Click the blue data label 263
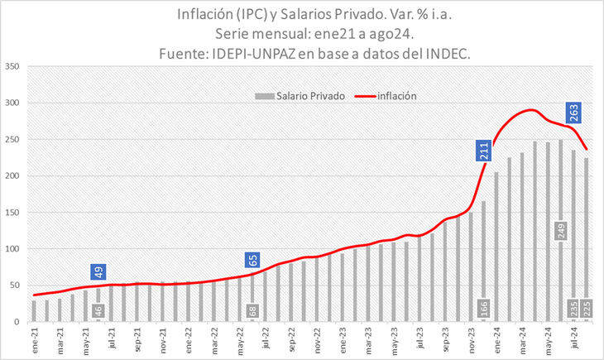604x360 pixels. (573, 112)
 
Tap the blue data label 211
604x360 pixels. (484, 150)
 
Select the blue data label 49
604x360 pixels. (98, 271)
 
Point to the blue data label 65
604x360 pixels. (253, 261)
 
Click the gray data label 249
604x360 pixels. (561, 231)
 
